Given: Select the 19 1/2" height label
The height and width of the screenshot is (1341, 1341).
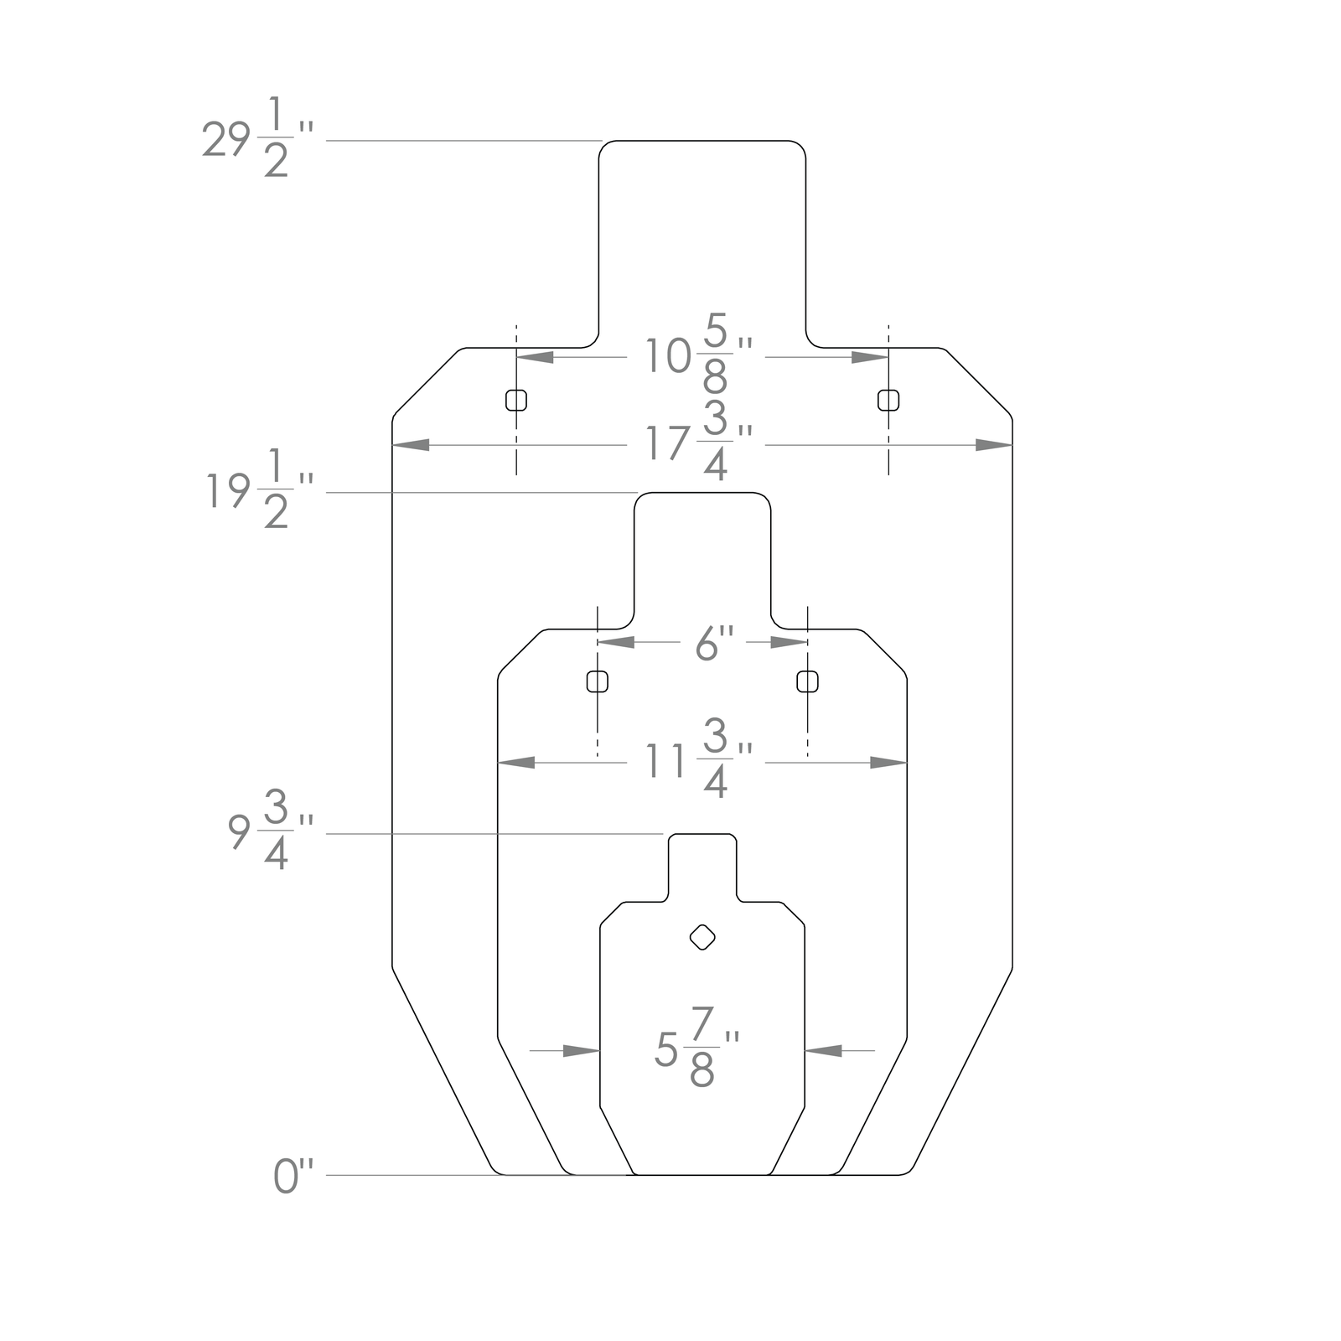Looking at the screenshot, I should tap(259, 491).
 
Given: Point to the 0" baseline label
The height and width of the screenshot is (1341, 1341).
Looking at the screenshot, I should tap(293, 1176).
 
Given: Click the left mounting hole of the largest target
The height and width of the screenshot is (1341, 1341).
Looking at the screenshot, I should tap(516, 400).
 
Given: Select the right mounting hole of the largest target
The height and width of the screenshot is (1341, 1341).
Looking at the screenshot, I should tap(888, 400).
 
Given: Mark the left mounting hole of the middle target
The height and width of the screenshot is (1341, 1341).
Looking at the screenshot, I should tap(598, 681).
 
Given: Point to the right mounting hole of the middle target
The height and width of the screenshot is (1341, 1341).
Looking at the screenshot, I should tap(807, 681).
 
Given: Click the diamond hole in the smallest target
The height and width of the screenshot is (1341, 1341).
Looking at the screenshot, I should tap(702, 937).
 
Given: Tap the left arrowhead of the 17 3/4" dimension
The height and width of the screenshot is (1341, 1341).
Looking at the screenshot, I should tap(411, 445).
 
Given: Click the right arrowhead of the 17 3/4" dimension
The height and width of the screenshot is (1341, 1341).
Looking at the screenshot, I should tap(994, 445).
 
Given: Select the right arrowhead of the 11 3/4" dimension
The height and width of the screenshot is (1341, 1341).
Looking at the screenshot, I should tap(888, 763).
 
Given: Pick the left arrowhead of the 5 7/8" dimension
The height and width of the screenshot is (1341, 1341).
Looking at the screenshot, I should tap(582, 1050).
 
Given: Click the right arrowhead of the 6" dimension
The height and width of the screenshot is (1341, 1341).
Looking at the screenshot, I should tap(789, 642).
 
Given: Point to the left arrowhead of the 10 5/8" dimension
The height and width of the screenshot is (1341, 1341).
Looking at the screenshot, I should tap(535, 357).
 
